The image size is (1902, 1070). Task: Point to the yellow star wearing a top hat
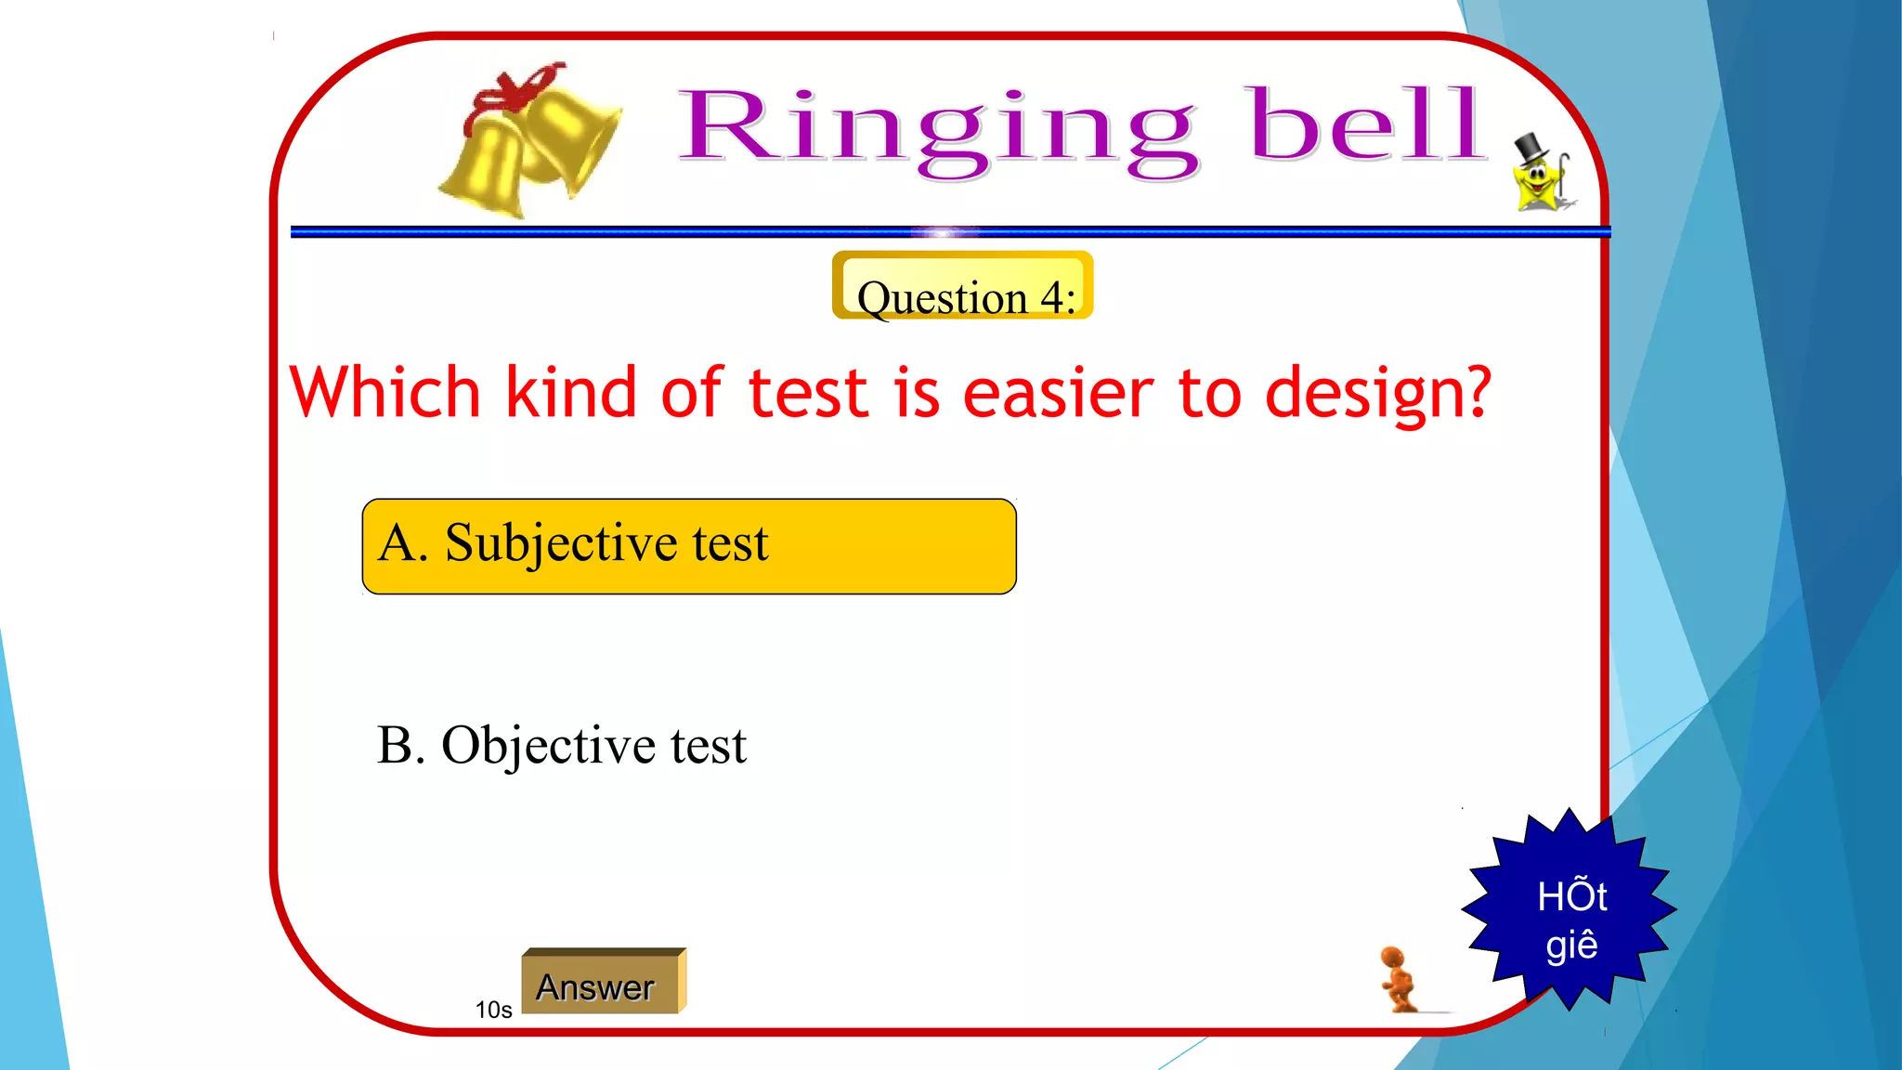click(x=1538, y=182)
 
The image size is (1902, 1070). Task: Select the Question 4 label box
click(x=963, y=286)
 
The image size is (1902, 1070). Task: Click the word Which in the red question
click(x=384, y=392)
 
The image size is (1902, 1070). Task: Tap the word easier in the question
click(x=1058, y=394)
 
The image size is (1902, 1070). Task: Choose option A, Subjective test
click(x=688, y=546)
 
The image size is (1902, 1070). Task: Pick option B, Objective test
click(x=561, y=745)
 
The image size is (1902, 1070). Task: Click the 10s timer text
click(x=493, y=1010)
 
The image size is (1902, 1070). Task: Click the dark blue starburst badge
click(x=1570, y=910)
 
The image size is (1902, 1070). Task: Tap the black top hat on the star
click(x=1529, y=149)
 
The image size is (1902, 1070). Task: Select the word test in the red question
click(x=807, y=394)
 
